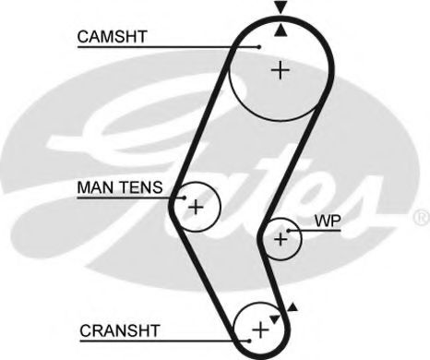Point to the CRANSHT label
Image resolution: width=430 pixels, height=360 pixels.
point(119,329)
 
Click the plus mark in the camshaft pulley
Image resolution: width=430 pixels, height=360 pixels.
point(279,70)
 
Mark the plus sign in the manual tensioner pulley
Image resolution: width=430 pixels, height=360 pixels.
point(196,207)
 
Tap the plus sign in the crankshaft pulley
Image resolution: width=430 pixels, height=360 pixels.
point(260,327)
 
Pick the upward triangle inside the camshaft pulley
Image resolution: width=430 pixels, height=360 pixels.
point(280,30)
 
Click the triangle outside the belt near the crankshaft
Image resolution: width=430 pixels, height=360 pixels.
point(293,307)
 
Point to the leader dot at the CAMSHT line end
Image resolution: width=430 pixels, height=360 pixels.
point(261,47)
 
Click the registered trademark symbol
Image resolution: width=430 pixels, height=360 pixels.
point(421,218)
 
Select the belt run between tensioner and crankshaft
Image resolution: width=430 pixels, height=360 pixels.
point(205,268)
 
